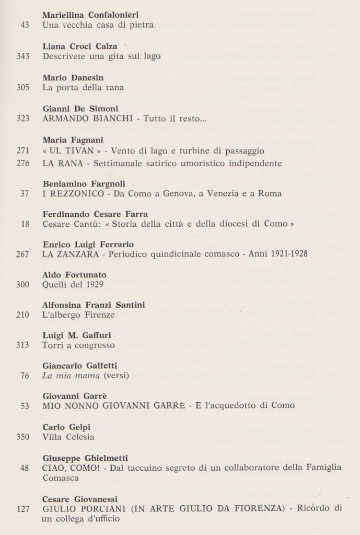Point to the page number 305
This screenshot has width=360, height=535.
(22, 87)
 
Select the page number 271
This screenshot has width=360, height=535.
(22, 150)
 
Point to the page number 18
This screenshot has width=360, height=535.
(24, 226)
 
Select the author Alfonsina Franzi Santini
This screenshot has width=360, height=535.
(93, 305)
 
